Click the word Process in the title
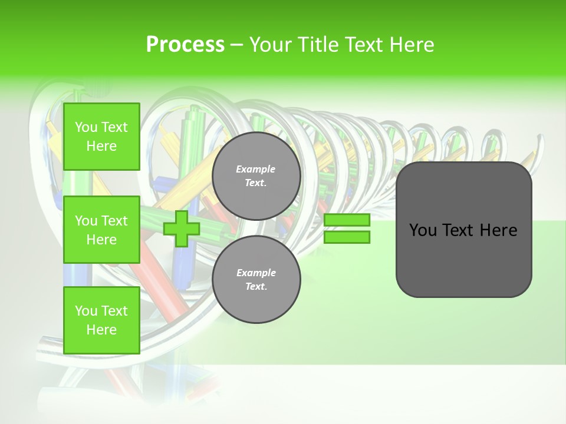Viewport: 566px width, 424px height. (x=185, y=45)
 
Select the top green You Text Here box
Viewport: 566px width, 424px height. (x=101, y=137)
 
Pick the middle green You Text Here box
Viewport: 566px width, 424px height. (x=101, y=230)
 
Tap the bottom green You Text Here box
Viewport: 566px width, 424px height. (x=101, y=320)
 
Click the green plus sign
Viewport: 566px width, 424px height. (x=181, y=229)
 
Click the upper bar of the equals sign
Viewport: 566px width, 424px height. (x=347, y=220)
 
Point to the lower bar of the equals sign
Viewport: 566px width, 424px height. (x=347, y=237)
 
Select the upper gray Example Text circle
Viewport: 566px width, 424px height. (x=256, y=176)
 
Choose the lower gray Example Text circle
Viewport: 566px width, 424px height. (x=256, y=279)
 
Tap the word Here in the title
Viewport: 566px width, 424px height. (x=413, y=45)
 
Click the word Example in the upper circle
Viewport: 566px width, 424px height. (x=256, y=169)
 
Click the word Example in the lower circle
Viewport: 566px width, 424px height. (x=256, y=273)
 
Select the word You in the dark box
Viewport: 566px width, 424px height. (x=423, y=230)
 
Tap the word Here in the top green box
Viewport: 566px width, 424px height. (x=101, y=146)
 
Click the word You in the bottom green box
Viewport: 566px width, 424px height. (x=86, y=311)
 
